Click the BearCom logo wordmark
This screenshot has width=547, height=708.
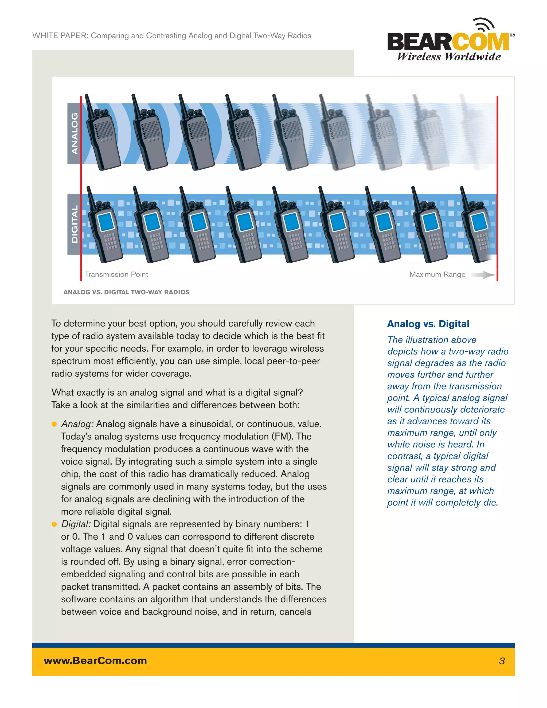point(448,41)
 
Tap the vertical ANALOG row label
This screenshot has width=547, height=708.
point(75,133)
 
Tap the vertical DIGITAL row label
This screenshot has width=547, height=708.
point(75,224)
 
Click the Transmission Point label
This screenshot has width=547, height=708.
point(116,274)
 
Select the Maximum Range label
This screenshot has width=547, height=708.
point(437,274)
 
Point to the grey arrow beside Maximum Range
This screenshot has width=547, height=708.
point(483,275)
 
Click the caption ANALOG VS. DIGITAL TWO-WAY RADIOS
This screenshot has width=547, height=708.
point(126,292)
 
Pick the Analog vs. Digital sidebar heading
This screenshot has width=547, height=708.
point(428,324)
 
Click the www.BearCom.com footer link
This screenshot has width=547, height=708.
point(95,661)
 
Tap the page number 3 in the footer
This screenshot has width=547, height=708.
point(502,661)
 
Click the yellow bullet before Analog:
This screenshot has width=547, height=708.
point(54,424)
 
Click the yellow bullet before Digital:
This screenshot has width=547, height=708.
point(54,524)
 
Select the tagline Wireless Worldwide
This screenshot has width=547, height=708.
point(449,57)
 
